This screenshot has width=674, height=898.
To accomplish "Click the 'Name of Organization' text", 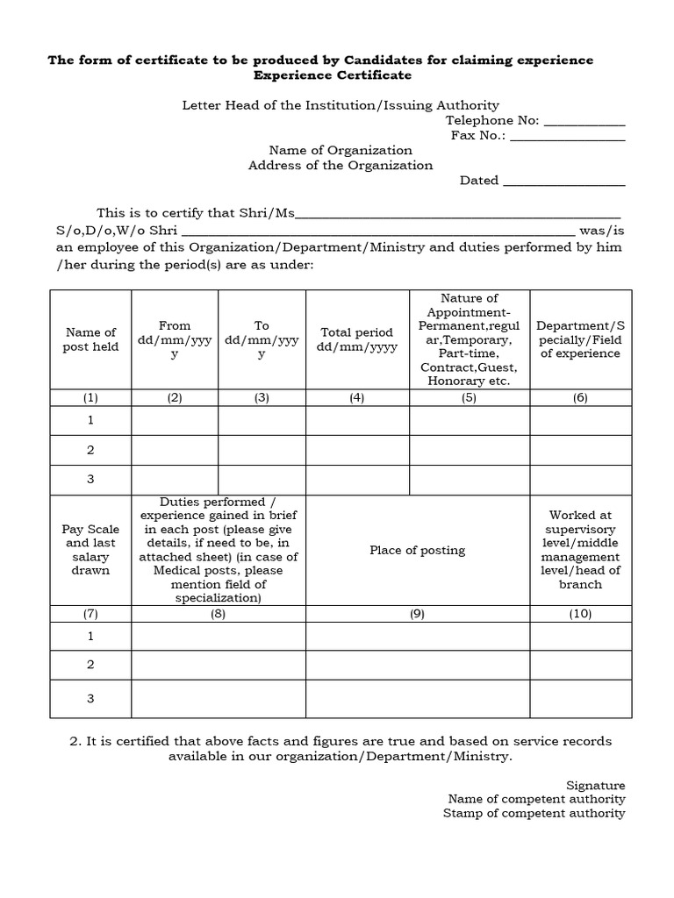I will (x=341, y=150).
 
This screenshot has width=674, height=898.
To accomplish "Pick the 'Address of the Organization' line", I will (x=341, y=165).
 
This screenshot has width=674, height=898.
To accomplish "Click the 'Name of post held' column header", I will (x=90, y=339).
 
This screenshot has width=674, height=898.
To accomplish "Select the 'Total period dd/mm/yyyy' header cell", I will (x=356, y=339).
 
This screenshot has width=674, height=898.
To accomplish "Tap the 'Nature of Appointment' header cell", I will (x=469, y=339).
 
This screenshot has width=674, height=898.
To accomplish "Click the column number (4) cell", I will (x=356, y=397).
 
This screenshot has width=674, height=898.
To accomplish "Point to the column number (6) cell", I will (x=580, y=397).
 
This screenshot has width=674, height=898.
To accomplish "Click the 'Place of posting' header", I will (x=417, y=551).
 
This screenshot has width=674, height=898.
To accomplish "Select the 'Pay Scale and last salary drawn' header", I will (x=90, y=551).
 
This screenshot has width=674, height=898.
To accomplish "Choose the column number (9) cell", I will (x=417, y=614).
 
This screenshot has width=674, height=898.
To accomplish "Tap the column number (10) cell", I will (x=580, y=614).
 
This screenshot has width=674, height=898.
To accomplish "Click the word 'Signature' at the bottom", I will (x=596, y=785).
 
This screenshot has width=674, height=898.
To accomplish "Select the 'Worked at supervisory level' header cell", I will (x=580, y=550).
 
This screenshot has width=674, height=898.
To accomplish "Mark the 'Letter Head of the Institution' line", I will (x=341, y=105).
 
